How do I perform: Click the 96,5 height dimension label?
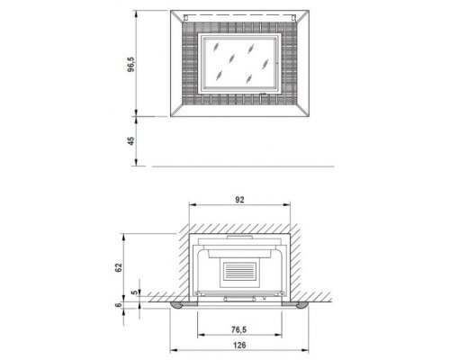(x=131, y=64)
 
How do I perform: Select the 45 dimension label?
(x=131, y=141)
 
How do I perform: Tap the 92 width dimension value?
(x=239, y=200)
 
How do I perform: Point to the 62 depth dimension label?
(x=119, y=267)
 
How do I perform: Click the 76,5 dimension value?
(x=238, y=329)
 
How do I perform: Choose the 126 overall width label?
(x=239, y=346)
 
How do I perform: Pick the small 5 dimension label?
(x=135, y=292)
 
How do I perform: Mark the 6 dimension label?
(x=119, y=305)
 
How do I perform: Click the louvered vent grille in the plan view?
(x=239, y=271)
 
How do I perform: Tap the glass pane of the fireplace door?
(x=239, y=62)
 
